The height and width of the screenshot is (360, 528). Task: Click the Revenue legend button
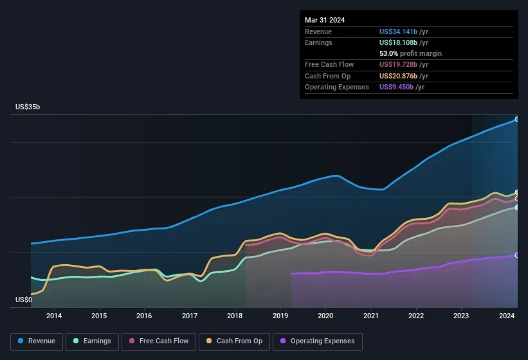[x=37, y=341]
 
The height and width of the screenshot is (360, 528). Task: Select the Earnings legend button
[x=93, y=341]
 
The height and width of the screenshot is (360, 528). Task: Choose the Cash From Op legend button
[x=234, y=341]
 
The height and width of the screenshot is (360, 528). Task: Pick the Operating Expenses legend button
[x=318, y=341]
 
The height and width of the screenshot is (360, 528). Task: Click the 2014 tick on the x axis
[x=54, y=316]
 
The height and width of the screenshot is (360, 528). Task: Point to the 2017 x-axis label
[x=190, y=316]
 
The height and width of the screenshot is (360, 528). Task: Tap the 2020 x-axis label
[x=325, y=316]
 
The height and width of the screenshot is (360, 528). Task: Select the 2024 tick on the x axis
[x=506, y=316]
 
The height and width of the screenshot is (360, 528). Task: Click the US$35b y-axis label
[x=28, y=107]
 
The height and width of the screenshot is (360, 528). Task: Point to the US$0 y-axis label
[x=24, y=300]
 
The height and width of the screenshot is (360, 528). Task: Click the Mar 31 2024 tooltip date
[x=325, y=20]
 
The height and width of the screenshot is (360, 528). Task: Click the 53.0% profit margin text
[x=410, y=53]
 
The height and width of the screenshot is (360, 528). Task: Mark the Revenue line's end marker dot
[x=517, y=120]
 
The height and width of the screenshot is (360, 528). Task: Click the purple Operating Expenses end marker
[x=517, y=255]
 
